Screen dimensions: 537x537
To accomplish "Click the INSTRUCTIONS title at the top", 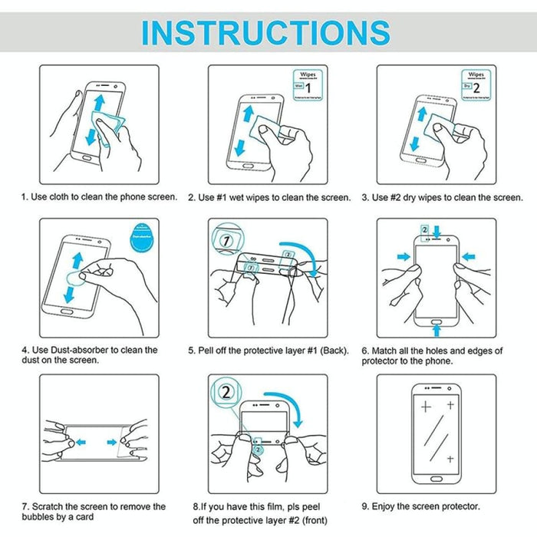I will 266,31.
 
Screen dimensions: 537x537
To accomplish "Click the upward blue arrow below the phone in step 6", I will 436,330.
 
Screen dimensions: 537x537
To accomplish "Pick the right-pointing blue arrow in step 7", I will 112,442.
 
